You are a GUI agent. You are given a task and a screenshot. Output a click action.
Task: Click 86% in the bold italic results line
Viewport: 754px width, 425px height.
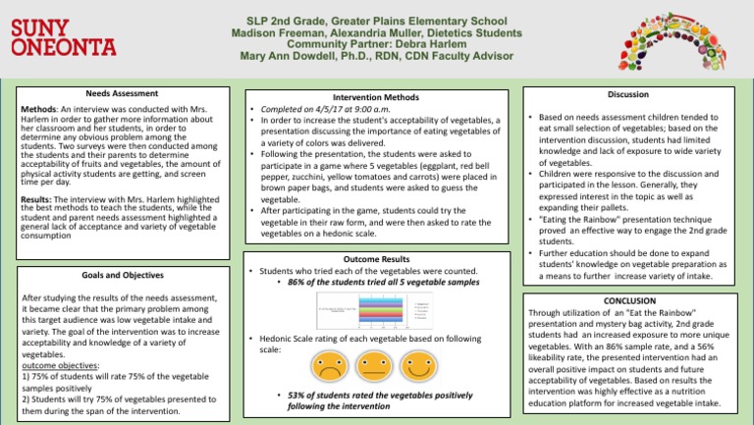298,282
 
